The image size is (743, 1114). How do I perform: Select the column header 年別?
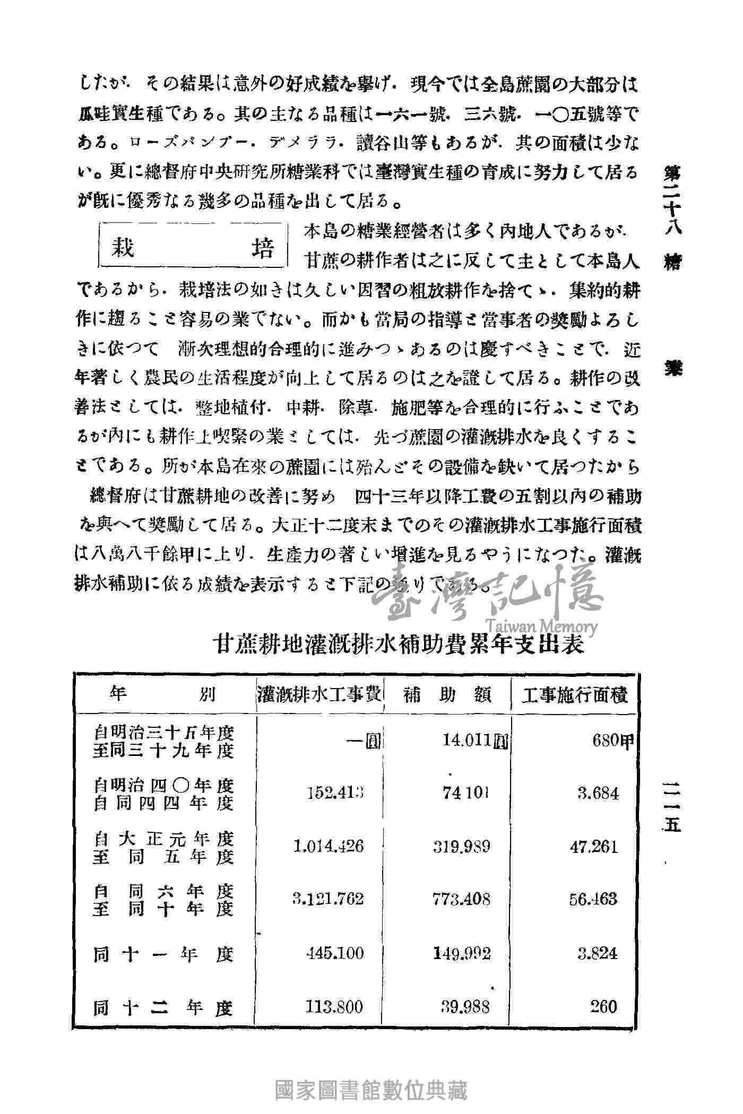[x=163, y=694]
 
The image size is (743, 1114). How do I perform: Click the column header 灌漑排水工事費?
[x=319, y=694]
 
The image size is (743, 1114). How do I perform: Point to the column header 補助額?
[x=447, y=694]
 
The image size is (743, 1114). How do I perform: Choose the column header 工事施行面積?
[x=575, y=694]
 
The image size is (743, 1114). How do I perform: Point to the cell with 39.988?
[x=465, y=1006]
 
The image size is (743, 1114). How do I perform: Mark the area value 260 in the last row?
[x=603, y=1006]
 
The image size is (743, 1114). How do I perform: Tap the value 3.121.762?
[x=329, y=898]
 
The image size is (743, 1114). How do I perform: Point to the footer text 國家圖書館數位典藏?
[x=371, y=1091]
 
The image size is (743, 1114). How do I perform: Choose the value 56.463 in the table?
[x=594, y=898]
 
